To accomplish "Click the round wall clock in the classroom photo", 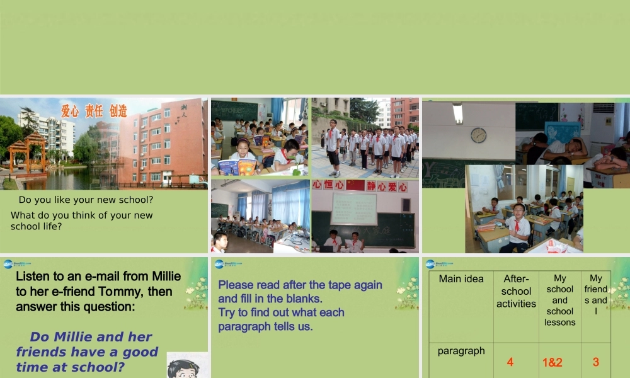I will pyautogui.click(x=478, y=135).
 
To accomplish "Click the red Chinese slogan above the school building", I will pyautogui.click(x=94, y=111).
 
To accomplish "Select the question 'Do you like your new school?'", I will pyautogui.click(x=86, y=200).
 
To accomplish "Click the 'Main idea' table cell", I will pyautogui.click(x=461, y=279).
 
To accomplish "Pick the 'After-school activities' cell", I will pyautogui.click(x=516, y=291).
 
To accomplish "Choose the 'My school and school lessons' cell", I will pyautogui.click(x=560, y=300).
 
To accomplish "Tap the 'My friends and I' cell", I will pyautogui.click(x=596, y=294).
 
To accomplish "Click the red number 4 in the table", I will pyautogui.click(x=510, y=362).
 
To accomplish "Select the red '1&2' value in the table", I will pyautogui.click(x=553, y=362).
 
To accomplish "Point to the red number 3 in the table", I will pyautogui.click(x=595, y=362).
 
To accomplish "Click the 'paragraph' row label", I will pyautogui.click(x=461, y=351).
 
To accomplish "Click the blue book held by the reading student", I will pyautogui.click(x=228, y=167).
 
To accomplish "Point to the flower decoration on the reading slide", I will pyautogui.click(x=408, y=294).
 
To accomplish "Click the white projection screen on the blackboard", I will pyautogui.click(x=353, y=209).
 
